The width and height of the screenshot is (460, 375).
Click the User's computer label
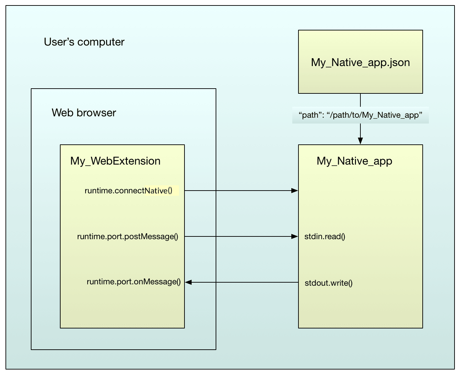tap(84, 42)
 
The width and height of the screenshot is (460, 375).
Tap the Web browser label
tap(84, 113)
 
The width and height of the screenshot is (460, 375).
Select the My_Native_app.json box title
tap(360, 62)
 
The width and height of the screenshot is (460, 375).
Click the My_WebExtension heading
tap(115, 161)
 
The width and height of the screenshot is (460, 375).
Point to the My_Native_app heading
tap(354, 161)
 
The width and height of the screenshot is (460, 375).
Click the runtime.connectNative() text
tap(128, 191)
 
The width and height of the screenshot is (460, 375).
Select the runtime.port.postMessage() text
tap(128, 236)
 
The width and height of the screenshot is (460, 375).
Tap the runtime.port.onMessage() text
tap(133, 282)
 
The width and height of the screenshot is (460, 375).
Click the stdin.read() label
tap(324, 236)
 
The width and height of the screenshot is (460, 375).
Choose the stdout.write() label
tap(329, 283)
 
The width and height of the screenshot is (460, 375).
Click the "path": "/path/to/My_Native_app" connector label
tap(360, 115)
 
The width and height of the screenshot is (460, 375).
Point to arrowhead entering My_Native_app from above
tap(360, 141)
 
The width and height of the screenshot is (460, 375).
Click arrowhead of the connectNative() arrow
tap(294, 191)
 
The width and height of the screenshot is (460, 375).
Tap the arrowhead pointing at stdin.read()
tap(294, 236)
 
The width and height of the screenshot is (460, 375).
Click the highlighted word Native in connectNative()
tap(156, 191)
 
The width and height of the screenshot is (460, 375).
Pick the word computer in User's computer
tap(101, 42)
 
